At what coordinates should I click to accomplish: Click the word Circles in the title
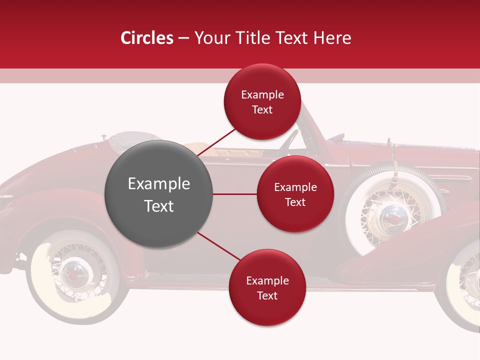[147, 38]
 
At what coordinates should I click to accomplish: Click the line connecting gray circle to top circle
[217, 142]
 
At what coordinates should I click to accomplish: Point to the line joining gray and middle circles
[235, 194]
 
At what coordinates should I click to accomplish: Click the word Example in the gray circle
[159, 184]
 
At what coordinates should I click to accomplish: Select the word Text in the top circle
[262, 110]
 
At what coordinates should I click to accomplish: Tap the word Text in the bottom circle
[267, 296]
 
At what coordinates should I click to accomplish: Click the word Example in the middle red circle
[295, 187]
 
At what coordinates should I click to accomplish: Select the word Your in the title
[211, 38]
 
